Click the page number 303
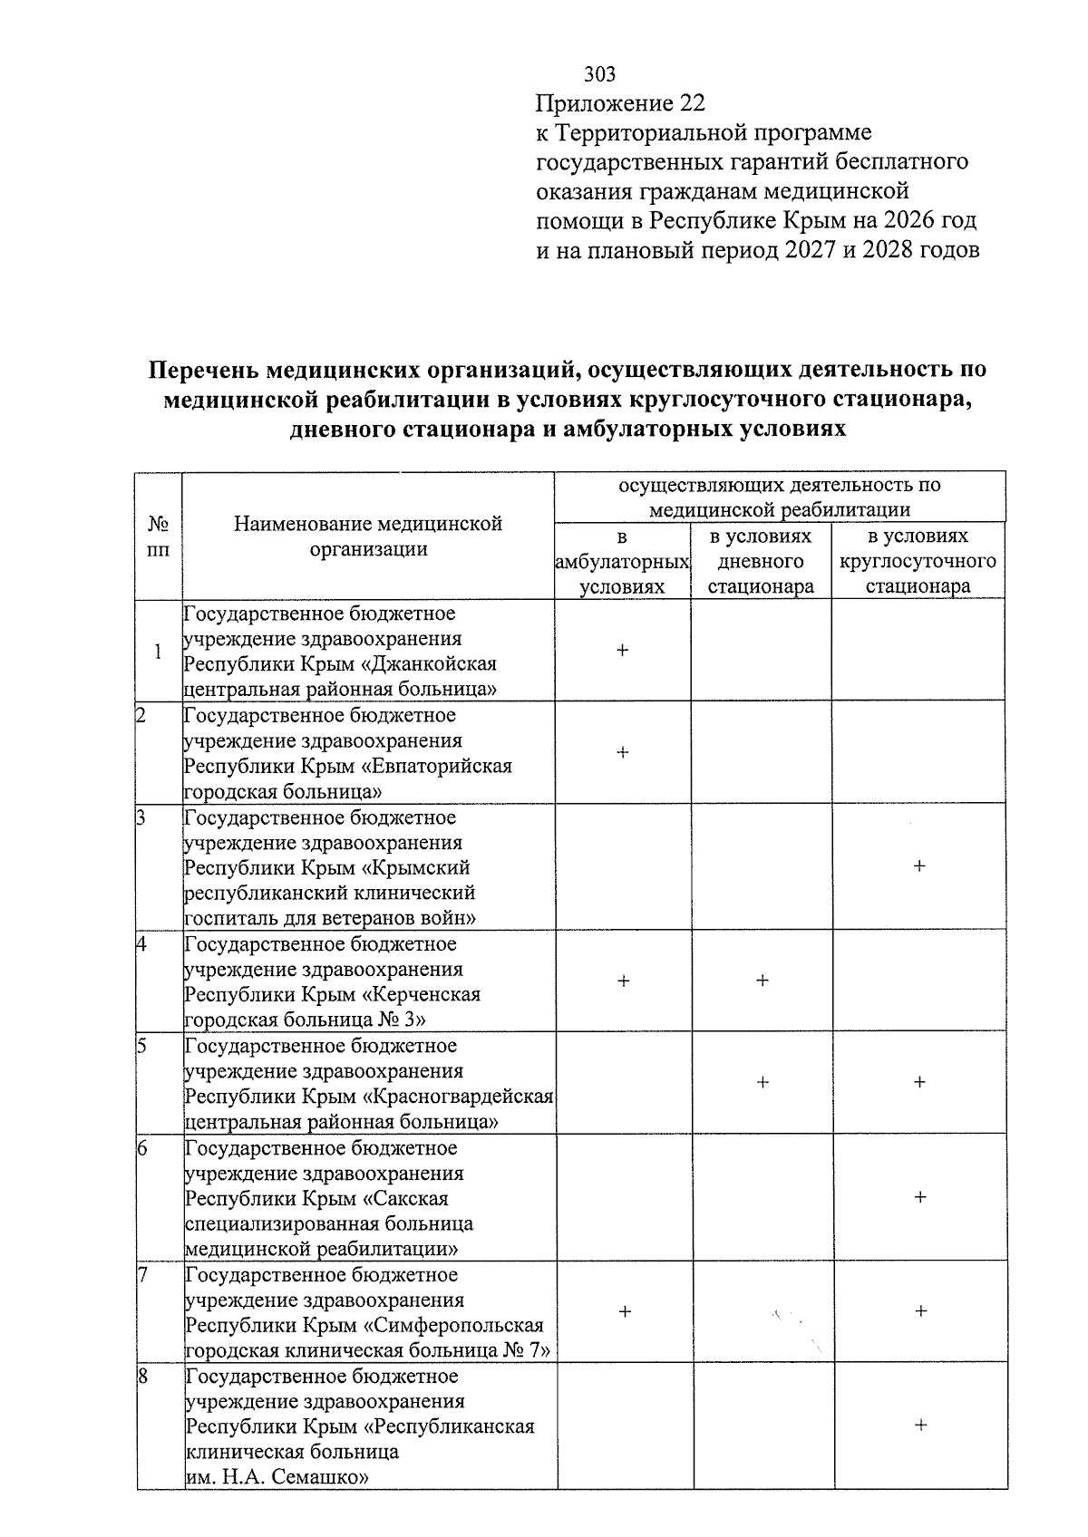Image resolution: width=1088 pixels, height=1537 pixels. pos(599,74)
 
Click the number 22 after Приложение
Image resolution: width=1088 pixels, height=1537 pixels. pos(691,103)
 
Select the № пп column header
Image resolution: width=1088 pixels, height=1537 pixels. pos(158,536)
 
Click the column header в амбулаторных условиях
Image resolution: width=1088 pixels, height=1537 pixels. pos(622,561)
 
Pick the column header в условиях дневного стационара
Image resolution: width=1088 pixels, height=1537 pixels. pos(761,561)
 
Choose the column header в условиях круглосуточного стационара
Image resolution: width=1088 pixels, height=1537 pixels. pos(918,561)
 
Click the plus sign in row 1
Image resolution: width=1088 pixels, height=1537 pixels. pos(623,650)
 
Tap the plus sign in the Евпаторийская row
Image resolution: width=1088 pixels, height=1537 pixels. pos(623,751)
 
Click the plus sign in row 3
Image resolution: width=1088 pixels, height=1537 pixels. pos(919,866)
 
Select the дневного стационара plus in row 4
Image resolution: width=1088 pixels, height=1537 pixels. pos(763,980)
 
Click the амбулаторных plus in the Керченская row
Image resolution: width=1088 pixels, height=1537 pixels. pos(624,980)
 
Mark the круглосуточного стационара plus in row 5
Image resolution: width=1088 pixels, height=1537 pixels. pos(919,1081)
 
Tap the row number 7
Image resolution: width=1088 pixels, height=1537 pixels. pos(142,1274)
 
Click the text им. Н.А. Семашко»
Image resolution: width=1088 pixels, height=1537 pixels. pos(277,1477)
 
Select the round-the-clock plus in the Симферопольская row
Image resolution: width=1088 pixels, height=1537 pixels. pos(920,1310)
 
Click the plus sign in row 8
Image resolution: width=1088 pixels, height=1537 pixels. pos(920,1426)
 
